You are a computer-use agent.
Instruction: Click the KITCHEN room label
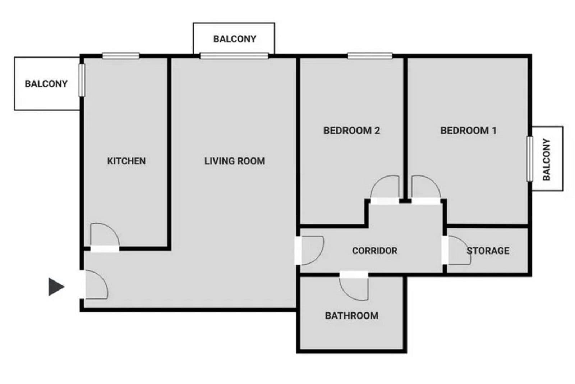[x=126, y=161]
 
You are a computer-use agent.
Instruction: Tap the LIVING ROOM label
[x=235, y=161]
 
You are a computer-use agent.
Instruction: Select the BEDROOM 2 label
[x=351, y=131]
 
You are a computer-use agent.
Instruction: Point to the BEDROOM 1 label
[x=468, y=131]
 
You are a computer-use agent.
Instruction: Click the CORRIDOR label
[x=374, y=251]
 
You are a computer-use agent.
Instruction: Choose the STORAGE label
[x=488, y=251]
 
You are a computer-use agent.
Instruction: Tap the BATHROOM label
[x=351, y=316]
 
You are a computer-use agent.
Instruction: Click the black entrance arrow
[x=56, y=287]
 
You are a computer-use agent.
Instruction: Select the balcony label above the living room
[x=235, y=39]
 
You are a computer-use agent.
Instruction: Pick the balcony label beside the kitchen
[x=46, y=84]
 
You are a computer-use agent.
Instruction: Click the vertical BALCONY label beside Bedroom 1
[x=547, y=160]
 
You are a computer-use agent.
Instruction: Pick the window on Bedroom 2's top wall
[x=370, y=56]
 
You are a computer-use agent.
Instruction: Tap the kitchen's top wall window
[x=121, y=56]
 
